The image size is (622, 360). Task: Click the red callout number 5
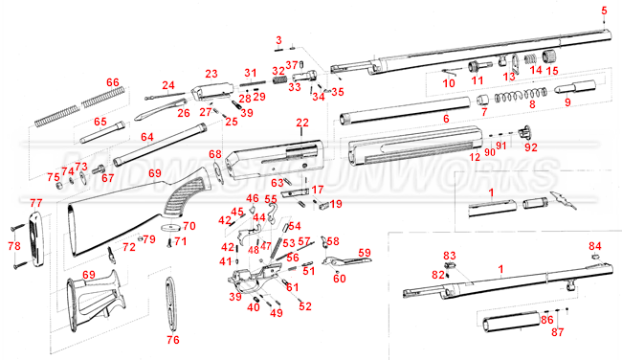(604, 11)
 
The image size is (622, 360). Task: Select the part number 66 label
(112, 83)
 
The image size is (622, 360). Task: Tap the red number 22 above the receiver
(302, 123)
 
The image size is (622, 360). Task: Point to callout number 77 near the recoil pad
(35, 203)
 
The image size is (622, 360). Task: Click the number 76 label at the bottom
(172, 340)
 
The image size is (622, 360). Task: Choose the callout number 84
(594, 246)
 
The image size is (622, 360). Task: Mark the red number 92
(530, 147)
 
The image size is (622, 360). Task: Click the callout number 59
(364, 253)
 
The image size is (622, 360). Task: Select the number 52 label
(305, 306)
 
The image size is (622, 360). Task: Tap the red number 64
(146, 138)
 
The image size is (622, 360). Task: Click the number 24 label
(168, 85)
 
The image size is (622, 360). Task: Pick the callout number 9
(567, 101)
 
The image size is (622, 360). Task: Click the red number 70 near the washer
(189, 226)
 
